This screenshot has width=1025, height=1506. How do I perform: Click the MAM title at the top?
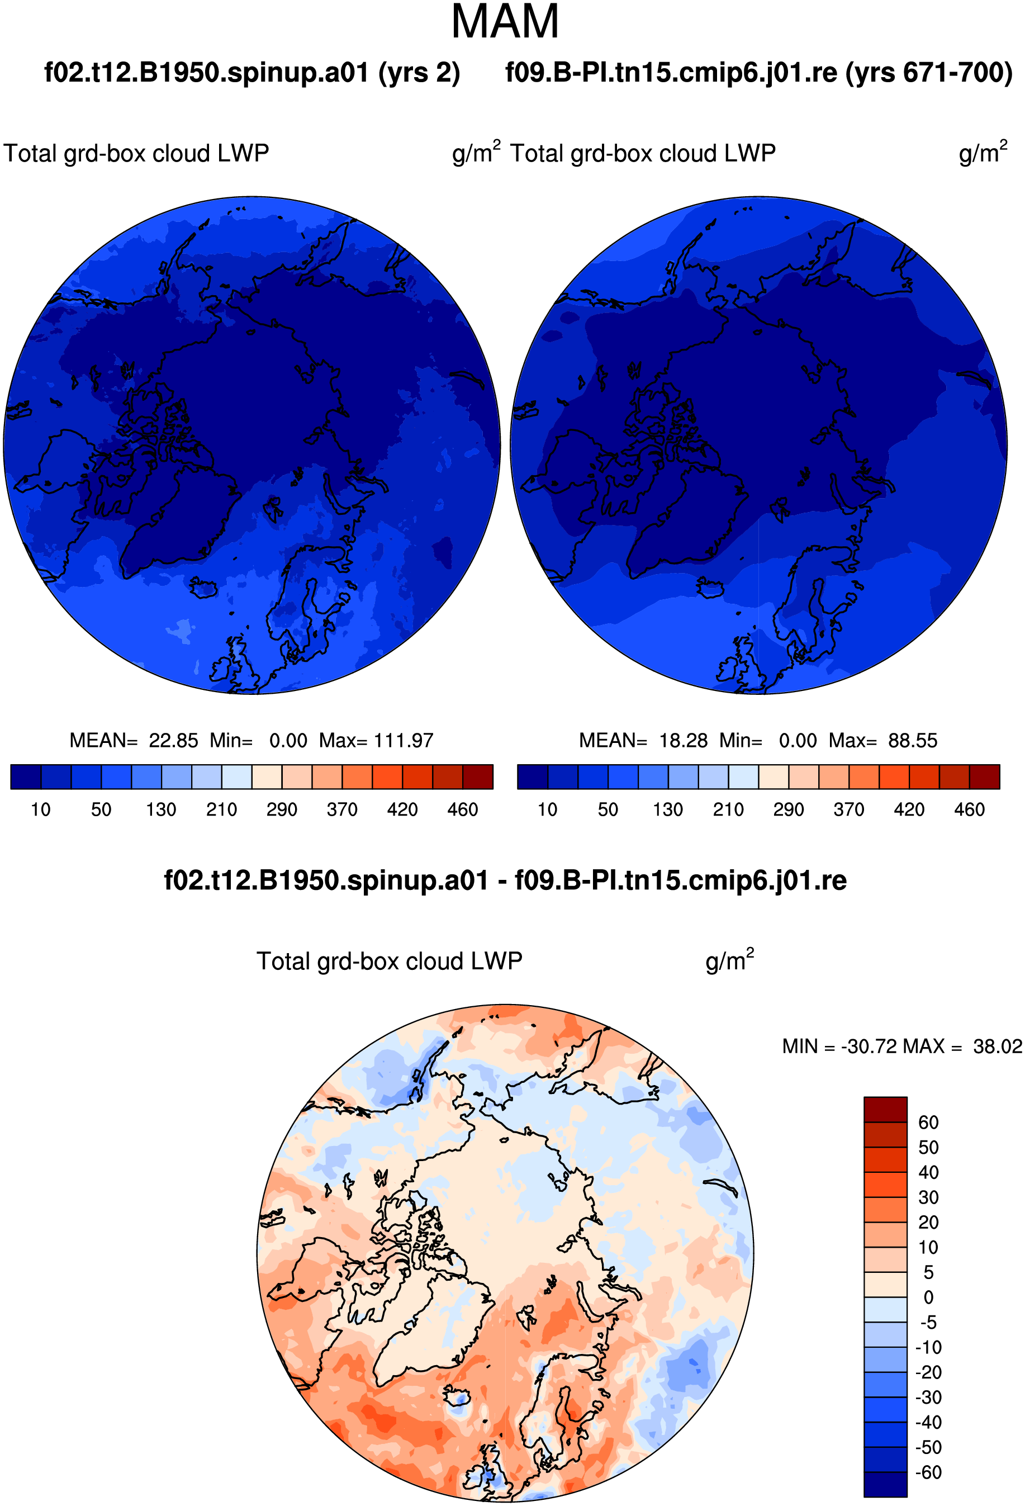point(505,22)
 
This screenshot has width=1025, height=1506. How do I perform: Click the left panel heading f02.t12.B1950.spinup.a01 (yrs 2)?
point(252,73)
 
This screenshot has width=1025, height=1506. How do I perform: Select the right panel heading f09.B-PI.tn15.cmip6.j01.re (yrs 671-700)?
point(759,73)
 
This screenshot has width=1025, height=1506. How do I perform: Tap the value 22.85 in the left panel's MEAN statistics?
point(173,740)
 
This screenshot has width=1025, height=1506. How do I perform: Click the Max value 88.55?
point(912,740)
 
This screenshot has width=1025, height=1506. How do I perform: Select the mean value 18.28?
point(683,740)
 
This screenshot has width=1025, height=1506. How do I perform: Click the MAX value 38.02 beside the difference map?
point(997,1046)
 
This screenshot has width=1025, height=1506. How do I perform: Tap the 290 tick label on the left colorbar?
point(282,809)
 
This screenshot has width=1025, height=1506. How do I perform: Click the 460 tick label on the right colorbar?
point(969,809)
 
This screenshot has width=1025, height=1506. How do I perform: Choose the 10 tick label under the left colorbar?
point(40,809)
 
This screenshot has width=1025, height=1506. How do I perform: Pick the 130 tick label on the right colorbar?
point(668,809)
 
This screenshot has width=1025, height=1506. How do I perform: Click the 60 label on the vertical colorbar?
point(928,1123)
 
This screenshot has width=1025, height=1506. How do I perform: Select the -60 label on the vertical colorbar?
point(927,1472)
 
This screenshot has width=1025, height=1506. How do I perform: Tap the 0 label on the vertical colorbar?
point(928,1297)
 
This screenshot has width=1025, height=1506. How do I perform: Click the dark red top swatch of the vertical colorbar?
point(885,1110)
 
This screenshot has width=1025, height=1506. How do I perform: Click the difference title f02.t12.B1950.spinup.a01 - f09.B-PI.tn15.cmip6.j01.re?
point(505,880)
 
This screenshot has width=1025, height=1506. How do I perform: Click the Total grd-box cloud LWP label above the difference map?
point(390,961)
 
